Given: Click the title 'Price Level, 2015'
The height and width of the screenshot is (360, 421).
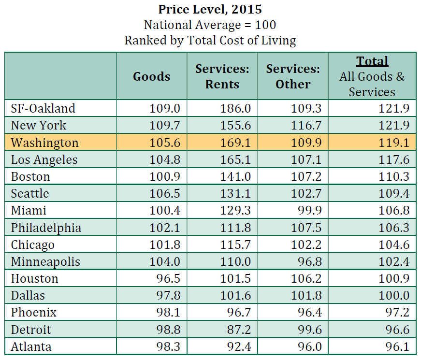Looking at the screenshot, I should (x=210, y=9).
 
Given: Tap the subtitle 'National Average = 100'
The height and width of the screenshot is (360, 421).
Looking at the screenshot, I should (x=210, y=24).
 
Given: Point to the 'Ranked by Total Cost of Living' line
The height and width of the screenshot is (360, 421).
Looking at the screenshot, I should (x=210, y=40).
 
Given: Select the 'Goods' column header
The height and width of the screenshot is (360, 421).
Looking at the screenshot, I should (x=152, y=76).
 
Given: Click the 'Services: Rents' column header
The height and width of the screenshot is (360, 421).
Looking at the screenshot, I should (x=222, y=76).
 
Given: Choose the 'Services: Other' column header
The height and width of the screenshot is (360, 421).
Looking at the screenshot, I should (x=293, y=76).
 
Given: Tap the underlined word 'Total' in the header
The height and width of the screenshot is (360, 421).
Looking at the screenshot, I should (x=372, y=61).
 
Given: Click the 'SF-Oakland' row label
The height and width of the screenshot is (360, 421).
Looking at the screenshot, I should (x=43, y=108).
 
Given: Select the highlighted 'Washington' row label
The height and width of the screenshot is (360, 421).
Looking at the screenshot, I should (x=44, y=143).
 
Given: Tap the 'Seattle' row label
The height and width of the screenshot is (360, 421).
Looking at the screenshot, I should (x=30, y=193).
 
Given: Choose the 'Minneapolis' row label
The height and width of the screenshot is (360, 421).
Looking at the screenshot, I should (x=45, y=261).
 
